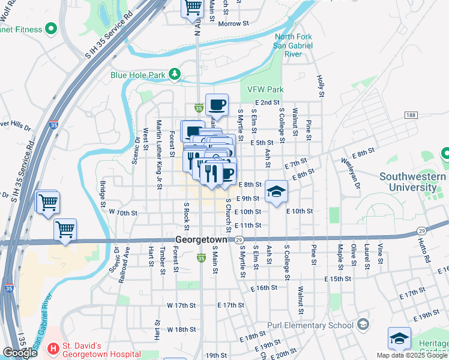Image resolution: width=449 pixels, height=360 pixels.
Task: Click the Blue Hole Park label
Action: coord(137,76)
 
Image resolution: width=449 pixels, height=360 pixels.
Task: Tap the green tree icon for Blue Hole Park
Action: coord(175,74)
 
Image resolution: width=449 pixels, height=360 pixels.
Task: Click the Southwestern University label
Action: coord(412,182)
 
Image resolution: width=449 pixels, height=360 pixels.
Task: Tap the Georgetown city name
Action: coord(202,239)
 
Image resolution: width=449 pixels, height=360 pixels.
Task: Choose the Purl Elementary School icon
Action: coord(363,325)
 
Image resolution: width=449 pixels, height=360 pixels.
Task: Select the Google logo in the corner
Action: coord(20,353)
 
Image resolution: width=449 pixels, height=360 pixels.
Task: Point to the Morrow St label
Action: coord(234,24)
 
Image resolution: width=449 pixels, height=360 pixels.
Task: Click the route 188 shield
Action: coord(410,115)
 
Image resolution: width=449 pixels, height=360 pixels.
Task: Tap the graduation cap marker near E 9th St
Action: coord(276,191)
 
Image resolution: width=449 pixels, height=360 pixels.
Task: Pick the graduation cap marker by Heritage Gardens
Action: coord(399,338)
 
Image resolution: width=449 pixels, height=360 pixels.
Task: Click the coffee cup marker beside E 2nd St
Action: coord(217,105)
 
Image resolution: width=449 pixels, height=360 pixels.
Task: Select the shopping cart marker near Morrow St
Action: coord(193,7)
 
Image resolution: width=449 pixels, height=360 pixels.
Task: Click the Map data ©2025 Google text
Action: coord(412,355)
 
